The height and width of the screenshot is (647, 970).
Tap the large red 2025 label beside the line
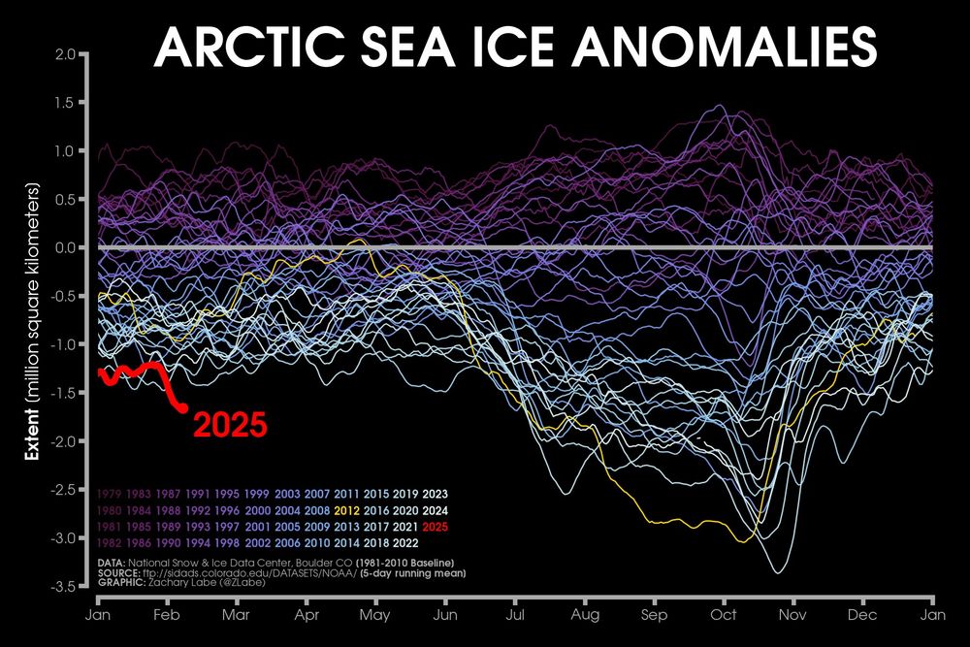click(x=229, y=425)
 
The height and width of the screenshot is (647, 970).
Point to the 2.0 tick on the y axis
click(x=65, y=54)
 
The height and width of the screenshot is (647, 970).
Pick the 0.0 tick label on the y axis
click(x=65, y=248)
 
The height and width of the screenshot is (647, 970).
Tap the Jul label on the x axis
click(x=514, y=615)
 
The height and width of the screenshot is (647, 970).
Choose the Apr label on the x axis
click(x=307, y=615)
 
